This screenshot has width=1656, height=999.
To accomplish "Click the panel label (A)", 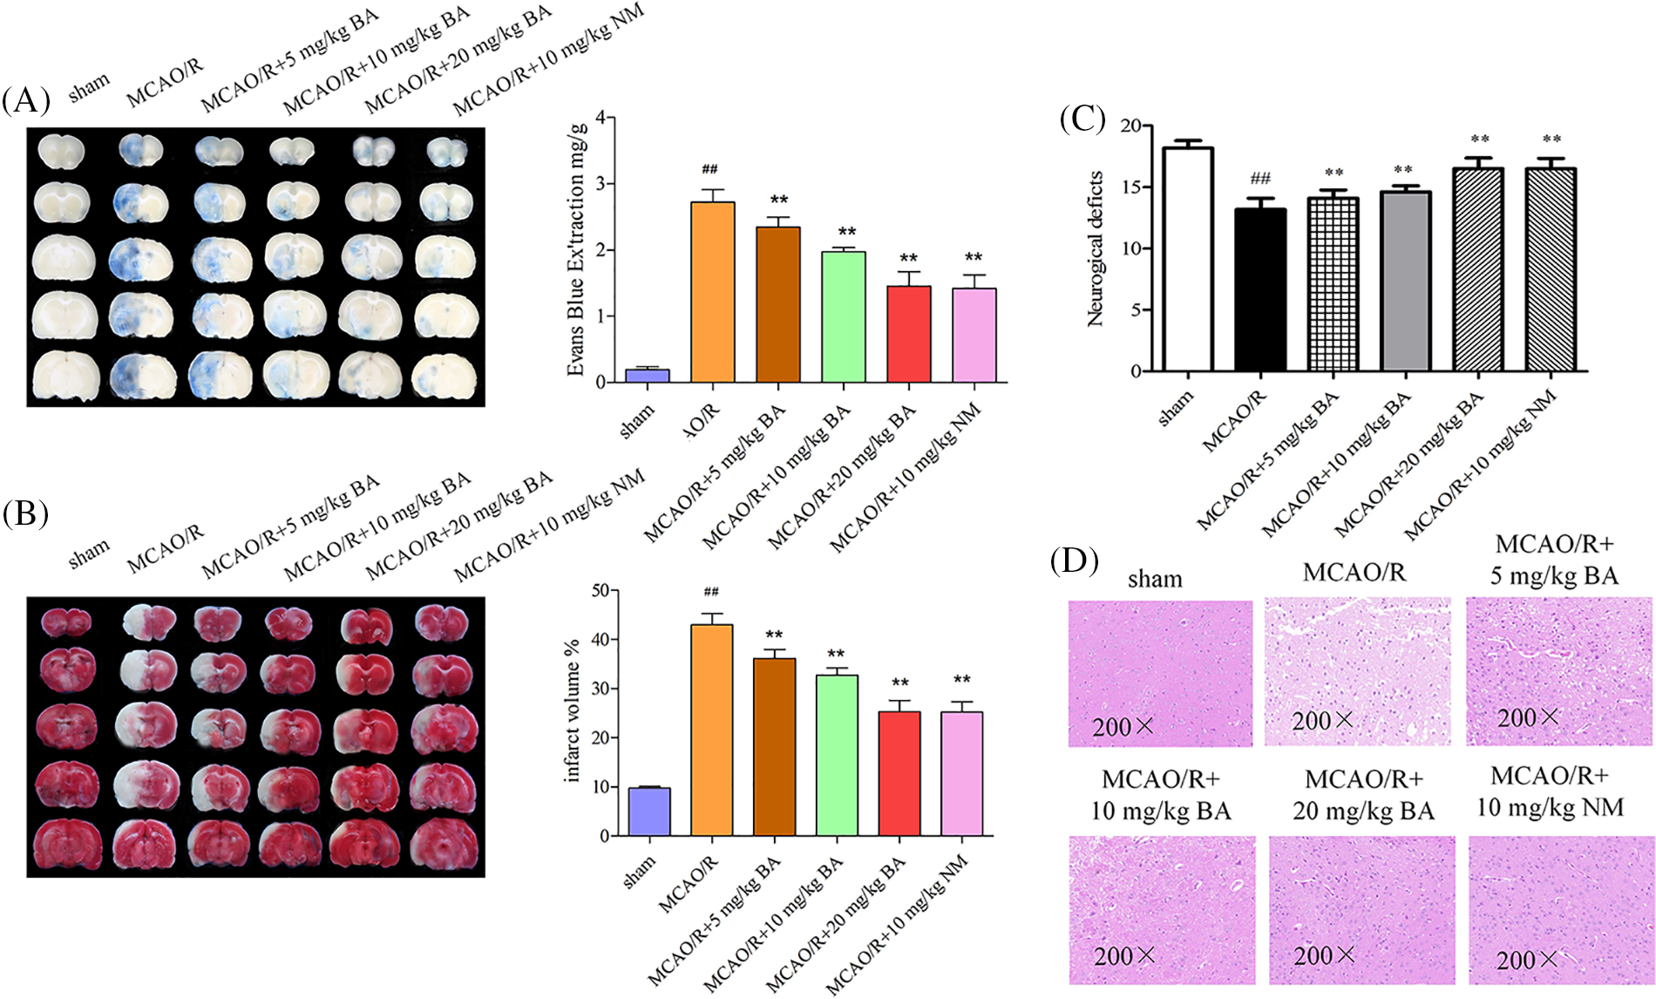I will point(26,102).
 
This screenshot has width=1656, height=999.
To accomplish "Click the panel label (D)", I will point(1074,561).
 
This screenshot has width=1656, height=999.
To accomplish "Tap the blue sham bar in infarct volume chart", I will point(649,812).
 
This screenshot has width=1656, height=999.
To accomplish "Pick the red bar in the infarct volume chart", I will point(899,773).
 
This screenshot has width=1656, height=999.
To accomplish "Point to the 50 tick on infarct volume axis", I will point(601,591).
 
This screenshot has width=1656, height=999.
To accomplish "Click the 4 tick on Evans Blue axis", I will point(601,118).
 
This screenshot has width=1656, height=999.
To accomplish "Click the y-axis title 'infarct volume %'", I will point(573,711).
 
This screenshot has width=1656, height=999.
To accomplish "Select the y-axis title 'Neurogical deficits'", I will point(1096,248).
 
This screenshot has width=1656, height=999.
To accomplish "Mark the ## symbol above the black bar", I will point(1260,179).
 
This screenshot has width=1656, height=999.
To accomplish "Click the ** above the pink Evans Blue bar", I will point(974,258).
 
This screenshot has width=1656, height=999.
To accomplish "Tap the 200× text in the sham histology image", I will point(1123,727).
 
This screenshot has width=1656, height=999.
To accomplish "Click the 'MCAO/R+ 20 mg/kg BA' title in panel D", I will point(1363,794).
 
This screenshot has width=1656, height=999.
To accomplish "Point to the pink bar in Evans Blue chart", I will point(974,335).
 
